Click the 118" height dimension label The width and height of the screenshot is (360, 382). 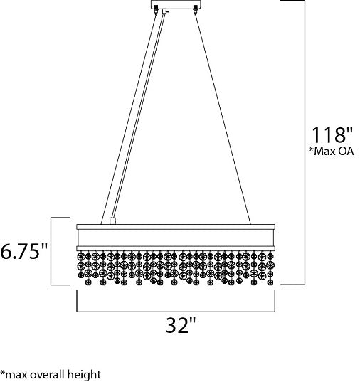pyautogui.click(x=332, y=134)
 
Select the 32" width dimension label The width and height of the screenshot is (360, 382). pyautogui.click(x=181, y=324)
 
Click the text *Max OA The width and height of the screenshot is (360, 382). pyautogui.click(x=332, y=151)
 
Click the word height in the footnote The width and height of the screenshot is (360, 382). pyautogui.click(x=85, y=375)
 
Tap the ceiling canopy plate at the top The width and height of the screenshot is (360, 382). pyautogui.click(x=176, y=4)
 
